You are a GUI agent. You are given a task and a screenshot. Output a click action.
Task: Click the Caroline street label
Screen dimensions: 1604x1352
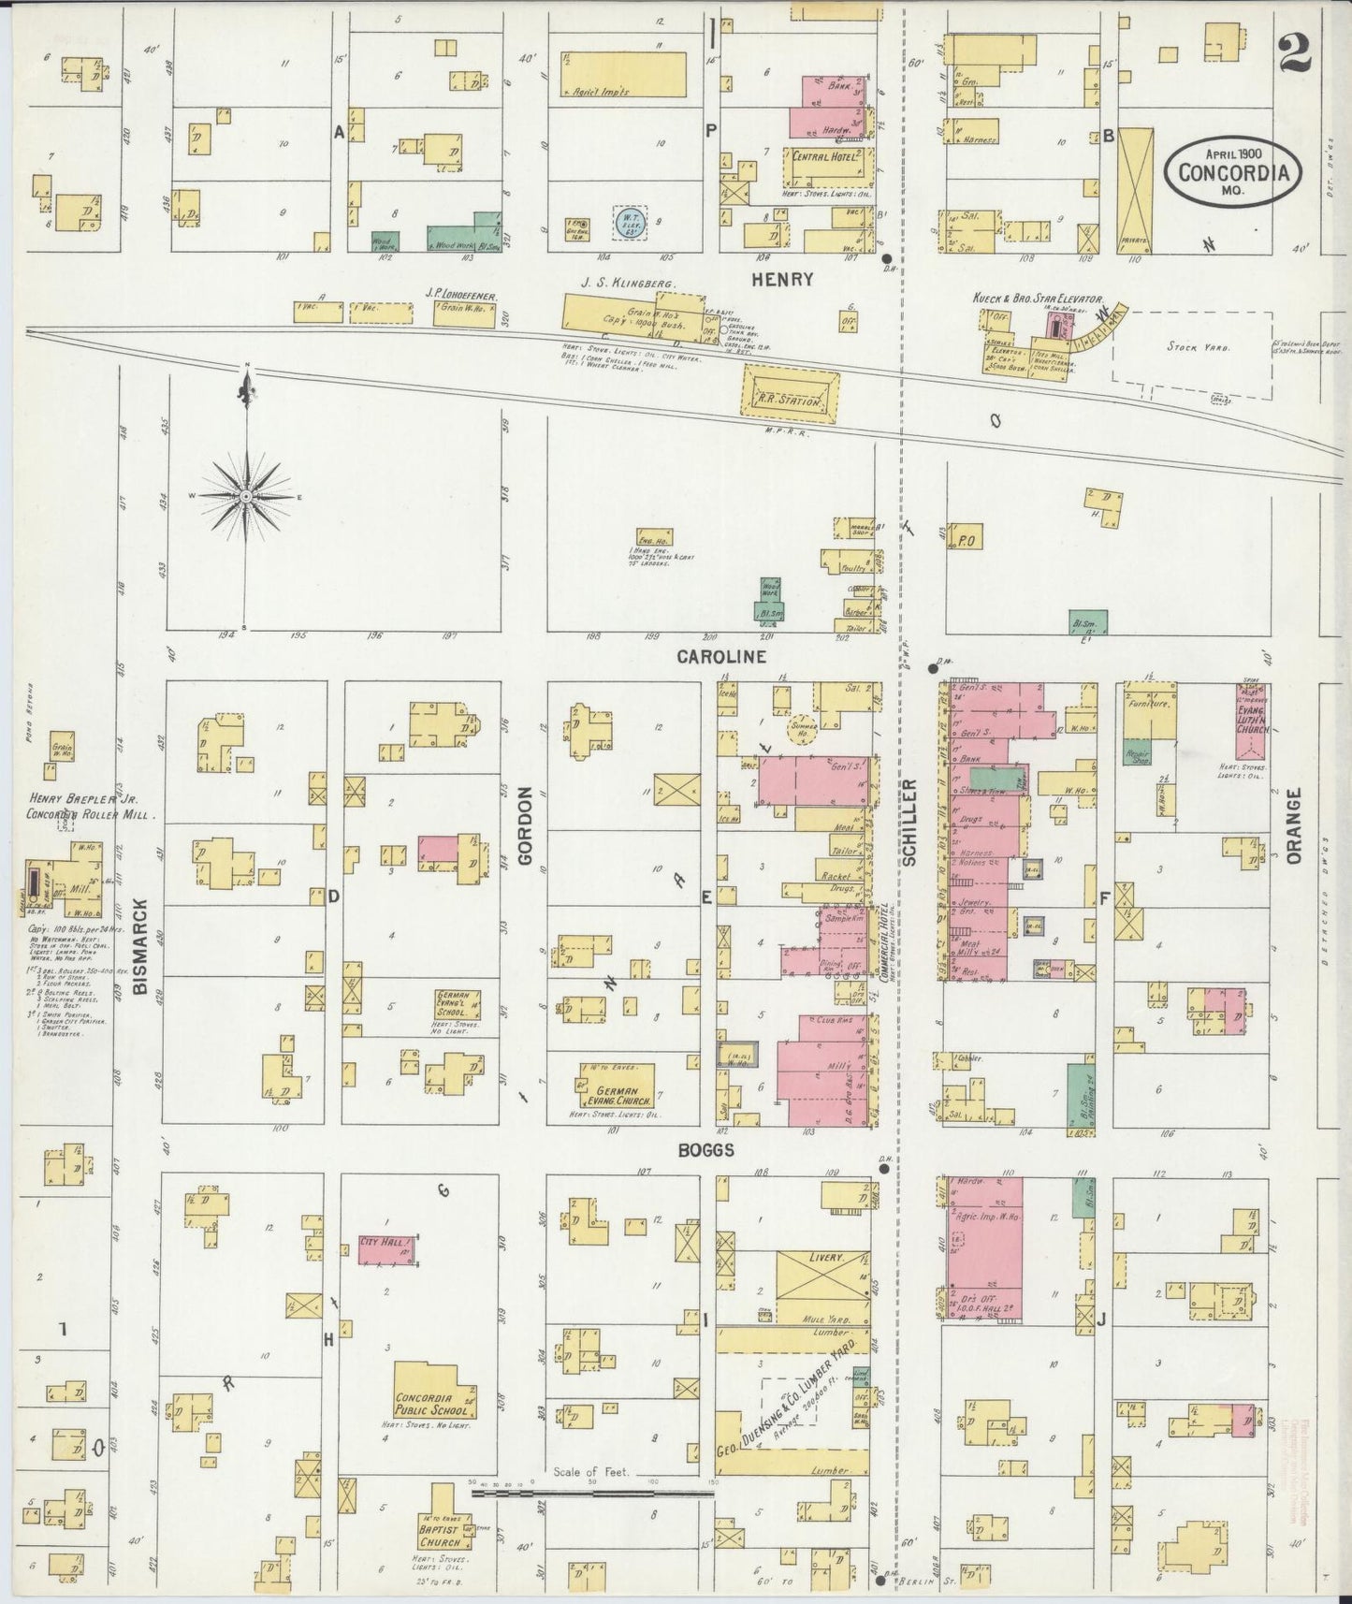(720, 657)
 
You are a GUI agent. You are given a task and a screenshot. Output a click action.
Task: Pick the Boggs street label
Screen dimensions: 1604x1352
(706, 1151)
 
